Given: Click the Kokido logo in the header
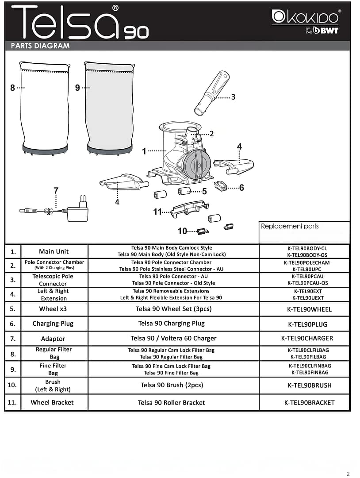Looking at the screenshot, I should point(306,18).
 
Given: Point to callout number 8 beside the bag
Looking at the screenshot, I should point(12,88).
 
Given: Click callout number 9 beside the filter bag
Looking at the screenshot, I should point(77,88).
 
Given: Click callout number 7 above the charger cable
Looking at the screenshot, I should point(56,191).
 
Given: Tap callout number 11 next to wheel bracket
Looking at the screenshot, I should point(157,212).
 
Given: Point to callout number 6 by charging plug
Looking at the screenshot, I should point(241,188).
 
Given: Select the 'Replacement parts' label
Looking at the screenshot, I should point(290,226).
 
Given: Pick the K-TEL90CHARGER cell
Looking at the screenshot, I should point(307,339).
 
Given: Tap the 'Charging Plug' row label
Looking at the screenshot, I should point(53,324).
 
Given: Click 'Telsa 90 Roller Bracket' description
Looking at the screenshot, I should point(172,403).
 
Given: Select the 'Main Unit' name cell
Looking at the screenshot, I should point(54,251).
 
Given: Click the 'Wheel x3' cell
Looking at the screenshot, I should point(53,309).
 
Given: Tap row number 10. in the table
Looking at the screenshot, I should point(12,385).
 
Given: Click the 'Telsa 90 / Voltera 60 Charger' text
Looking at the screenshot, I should point(173,339).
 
